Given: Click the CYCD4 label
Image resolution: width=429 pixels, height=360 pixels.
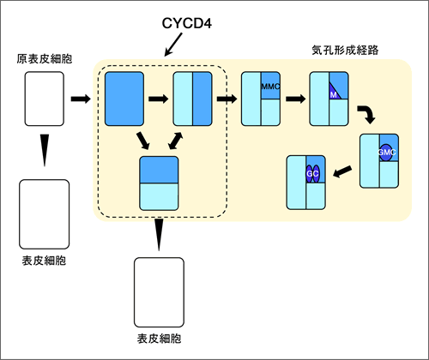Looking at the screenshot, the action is coord(187,23).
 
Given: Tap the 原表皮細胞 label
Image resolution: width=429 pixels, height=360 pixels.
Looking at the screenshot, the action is coord(45,59).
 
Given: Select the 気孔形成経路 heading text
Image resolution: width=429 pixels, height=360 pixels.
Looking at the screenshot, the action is coord(345,51).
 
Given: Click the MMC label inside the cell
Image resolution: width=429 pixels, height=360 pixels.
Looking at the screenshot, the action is coord(270,87).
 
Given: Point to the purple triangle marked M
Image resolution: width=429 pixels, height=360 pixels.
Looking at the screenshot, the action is coord(334,92).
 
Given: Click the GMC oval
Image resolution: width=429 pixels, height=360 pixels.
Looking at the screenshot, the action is coord(386,153).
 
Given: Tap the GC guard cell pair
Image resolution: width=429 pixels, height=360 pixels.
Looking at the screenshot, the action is coord(312,174).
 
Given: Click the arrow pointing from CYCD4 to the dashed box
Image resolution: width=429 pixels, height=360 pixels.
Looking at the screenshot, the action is coord(173,45).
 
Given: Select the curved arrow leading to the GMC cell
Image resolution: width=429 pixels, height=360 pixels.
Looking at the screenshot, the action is coord(366,114).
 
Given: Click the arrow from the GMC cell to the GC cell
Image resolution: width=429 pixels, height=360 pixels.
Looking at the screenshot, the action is coord(342,171).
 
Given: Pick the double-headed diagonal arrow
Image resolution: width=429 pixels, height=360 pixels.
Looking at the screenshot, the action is coord(175,141).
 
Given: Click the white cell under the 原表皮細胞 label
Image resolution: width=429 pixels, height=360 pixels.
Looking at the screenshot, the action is coord(45,99).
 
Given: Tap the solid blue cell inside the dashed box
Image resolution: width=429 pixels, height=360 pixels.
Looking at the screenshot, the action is coord(124,99).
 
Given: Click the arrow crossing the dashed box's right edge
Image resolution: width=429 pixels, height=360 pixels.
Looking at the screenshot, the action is coord(227,99).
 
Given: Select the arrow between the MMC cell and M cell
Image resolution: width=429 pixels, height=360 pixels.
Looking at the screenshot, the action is coord(296,99).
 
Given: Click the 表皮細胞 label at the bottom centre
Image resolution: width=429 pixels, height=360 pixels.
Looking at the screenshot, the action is coord(159,339).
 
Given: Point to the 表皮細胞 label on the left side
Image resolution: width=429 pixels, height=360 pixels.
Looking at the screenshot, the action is coord(44,261).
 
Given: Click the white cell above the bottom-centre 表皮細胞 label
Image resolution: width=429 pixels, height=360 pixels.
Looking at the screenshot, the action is coord(159,292).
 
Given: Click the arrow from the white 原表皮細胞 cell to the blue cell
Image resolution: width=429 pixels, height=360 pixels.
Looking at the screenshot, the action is coord(81,99).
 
